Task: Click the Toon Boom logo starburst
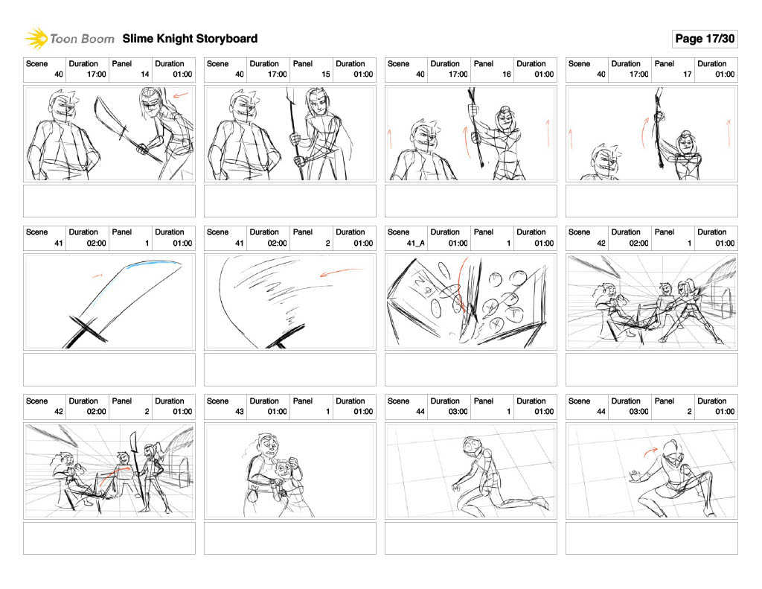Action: (x=36, y=39)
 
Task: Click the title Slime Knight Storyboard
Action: (x=190, y=39)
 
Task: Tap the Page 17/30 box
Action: (x=705, y=39)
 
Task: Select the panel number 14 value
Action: (x=145, y=74)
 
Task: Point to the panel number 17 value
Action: (x=687, y=74)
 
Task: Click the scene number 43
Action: (x=240, y=412)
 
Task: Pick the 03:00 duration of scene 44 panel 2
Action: (x=639, y=412)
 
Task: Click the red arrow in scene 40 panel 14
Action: (x=180, y=95)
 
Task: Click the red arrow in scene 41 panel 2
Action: (x=341, y=271)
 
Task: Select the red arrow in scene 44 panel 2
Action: (x=650, y=452)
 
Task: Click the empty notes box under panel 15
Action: (x=290, y=201)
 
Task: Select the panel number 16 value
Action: (x=506, y=74)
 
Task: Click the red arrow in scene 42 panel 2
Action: (x=114, y=475)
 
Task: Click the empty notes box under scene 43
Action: (x=290, y=538)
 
